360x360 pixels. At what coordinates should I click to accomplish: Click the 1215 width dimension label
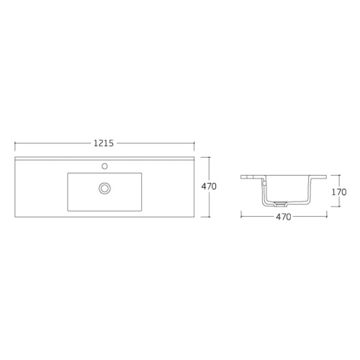click(104, 143)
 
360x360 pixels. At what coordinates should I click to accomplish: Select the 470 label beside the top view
click(209, 186)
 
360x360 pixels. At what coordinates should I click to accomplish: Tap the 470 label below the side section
click(284, 217)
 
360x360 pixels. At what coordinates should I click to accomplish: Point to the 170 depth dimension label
click(339, 192)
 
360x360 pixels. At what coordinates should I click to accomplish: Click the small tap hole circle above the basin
click(104, 166)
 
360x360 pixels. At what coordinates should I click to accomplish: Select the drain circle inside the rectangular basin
click(104, 187)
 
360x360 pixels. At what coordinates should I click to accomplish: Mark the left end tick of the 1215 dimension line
click(15, 143)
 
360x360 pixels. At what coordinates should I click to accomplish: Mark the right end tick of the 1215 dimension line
click(194, 143)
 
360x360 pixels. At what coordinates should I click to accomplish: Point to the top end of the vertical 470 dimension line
click(210, 157)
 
